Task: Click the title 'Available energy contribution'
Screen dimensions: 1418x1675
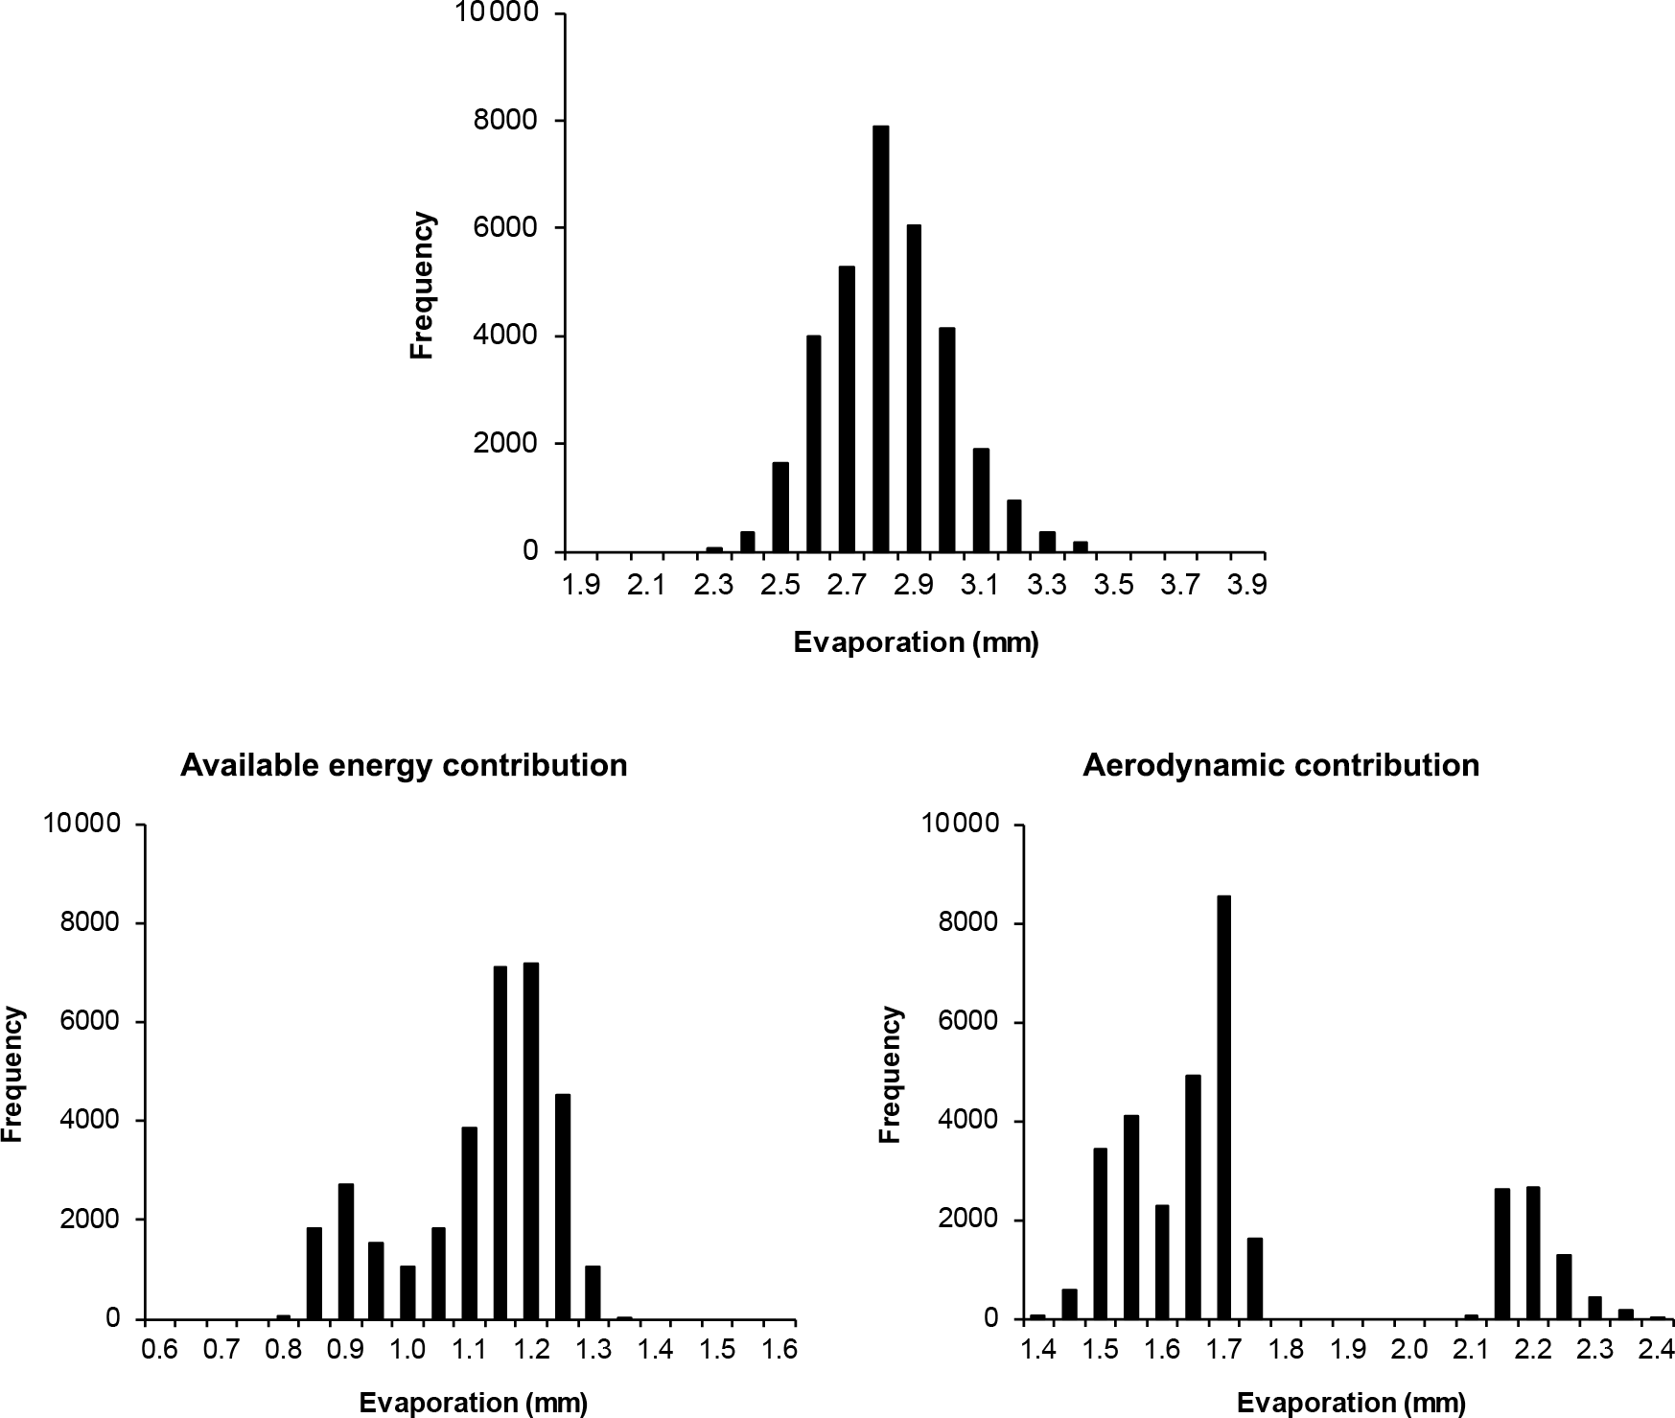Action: [x=404, y=765]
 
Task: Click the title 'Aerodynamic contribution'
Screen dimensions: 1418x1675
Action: [x=1281, y=765]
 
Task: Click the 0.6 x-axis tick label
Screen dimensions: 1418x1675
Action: [x=159, y=1350]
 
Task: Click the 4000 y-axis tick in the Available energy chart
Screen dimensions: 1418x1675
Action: [x=96, y=1121]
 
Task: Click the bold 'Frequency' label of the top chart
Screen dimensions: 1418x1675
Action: [x=423, y=286]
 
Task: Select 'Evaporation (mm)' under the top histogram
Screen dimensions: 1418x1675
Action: [x=916, y=642]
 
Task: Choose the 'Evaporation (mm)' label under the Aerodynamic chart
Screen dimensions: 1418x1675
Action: [x=1351, y=1404]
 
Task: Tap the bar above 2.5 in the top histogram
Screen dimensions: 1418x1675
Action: [x=780, y=507]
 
